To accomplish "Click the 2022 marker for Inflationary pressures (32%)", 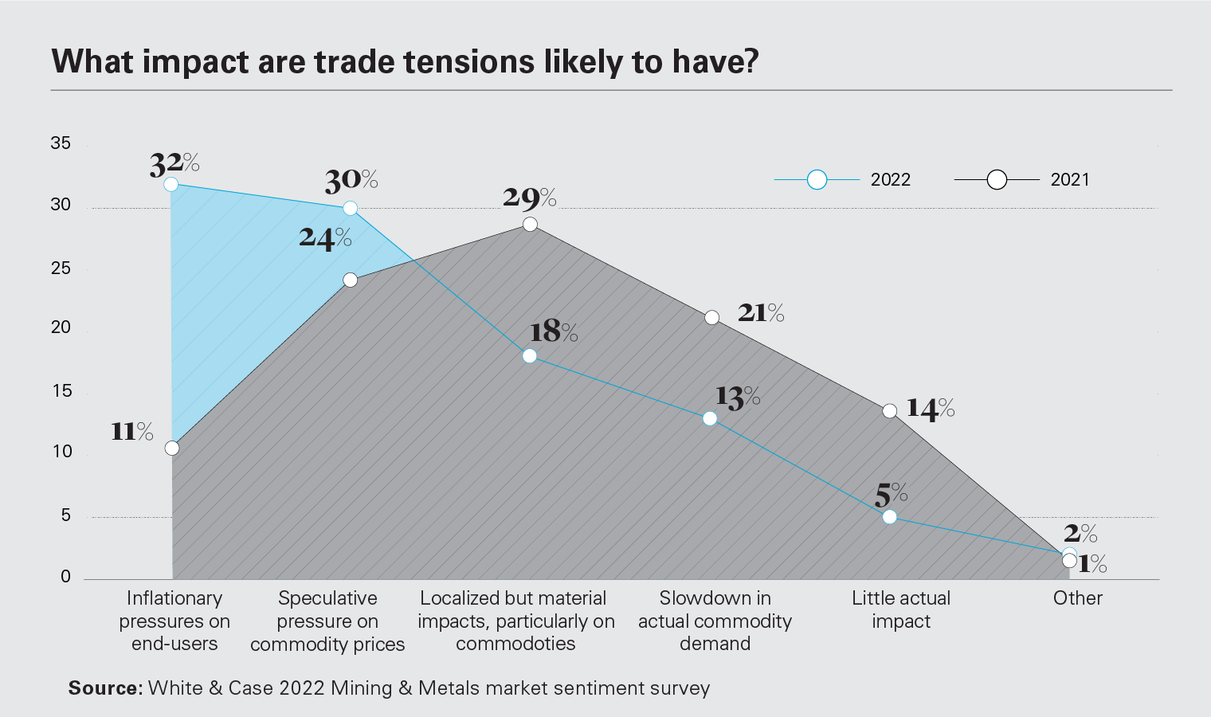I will [x=170, y=185].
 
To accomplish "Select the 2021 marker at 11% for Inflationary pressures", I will [x=172, y=449].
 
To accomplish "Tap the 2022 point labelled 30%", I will [x=350, y=209].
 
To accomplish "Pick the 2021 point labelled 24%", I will [x=351, y=280].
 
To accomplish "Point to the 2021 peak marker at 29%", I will [x=530, y=225].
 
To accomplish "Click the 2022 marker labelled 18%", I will [x=530, y=356].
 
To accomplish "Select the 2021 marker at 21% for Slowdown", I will [x=712, y=318].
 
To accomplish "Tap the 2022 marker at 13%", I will [x=710, y=419].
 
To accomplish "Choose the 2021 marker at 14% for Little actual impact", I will [x=890, y=411].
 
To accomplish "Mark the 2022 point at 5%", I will [x=890, y=517].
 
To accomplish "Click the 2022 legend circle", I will [x=817, y=180].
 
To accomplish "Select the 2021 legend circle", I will [x=997, y=180].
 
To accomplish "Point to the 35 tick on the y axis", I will [x=61, y=143].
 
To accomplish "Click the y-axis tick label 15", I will [x=61, y=391].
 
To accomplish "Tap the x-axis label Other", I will [x=1077, y=598].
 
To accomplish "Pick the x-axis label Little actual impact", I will [x=901, y=609].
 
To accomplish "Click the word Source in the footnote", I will [x=104, y=688].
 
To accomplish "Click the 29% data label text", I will [x=529, y=198].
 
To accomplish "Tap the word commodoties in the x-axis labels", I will [x=515, y=644].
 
